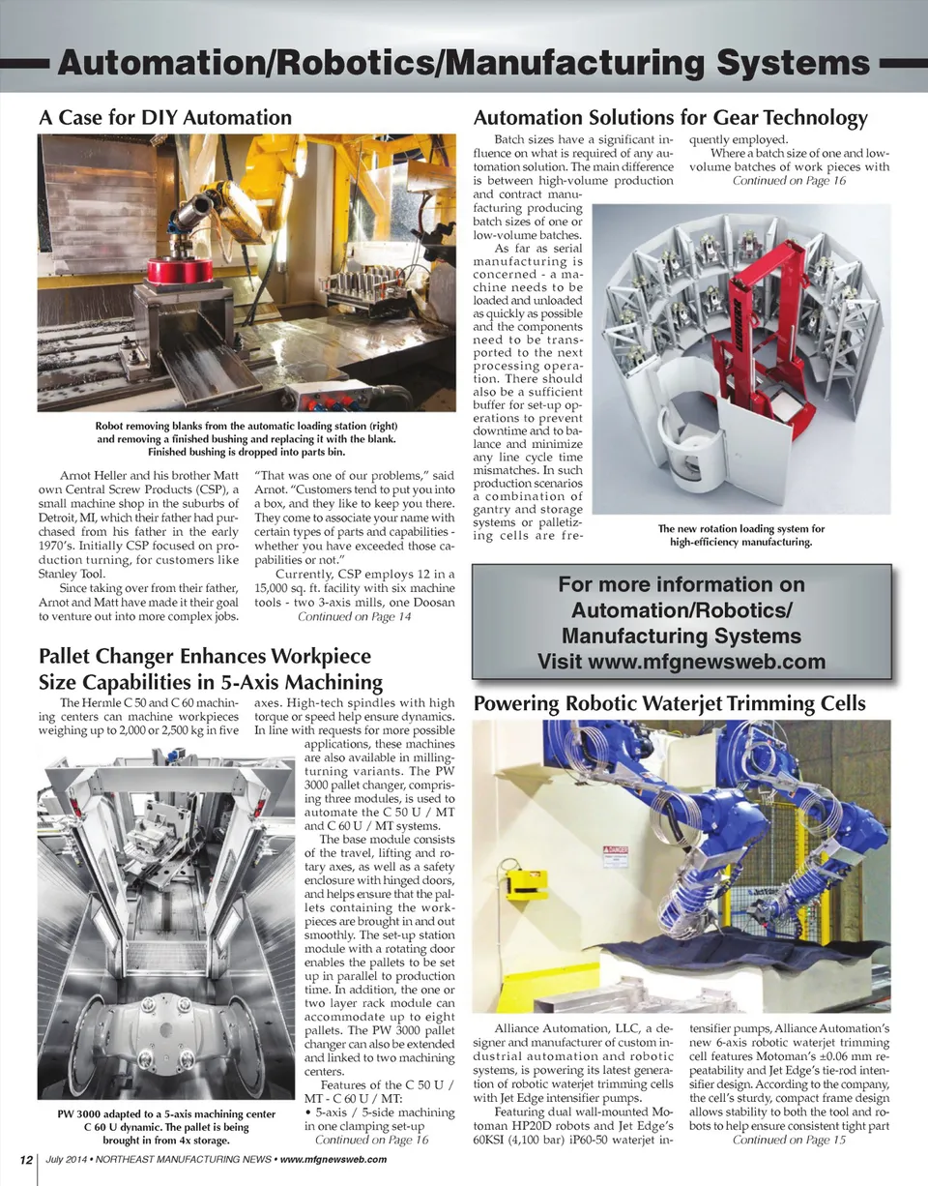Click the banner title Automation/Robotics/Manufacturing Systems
point(463,64)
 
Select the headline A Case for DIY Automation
point(164,118)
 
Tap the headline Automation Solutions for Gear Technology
point(670,118)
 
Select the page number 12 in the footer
point(24,1160)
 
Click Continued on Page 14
point(354,616)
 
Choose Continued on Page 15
point(789,1140)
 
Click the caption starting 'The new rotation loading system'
point(740,535)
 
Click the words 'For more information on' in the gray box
point(681,584)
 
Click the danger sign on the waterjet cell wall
point(616,857)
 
